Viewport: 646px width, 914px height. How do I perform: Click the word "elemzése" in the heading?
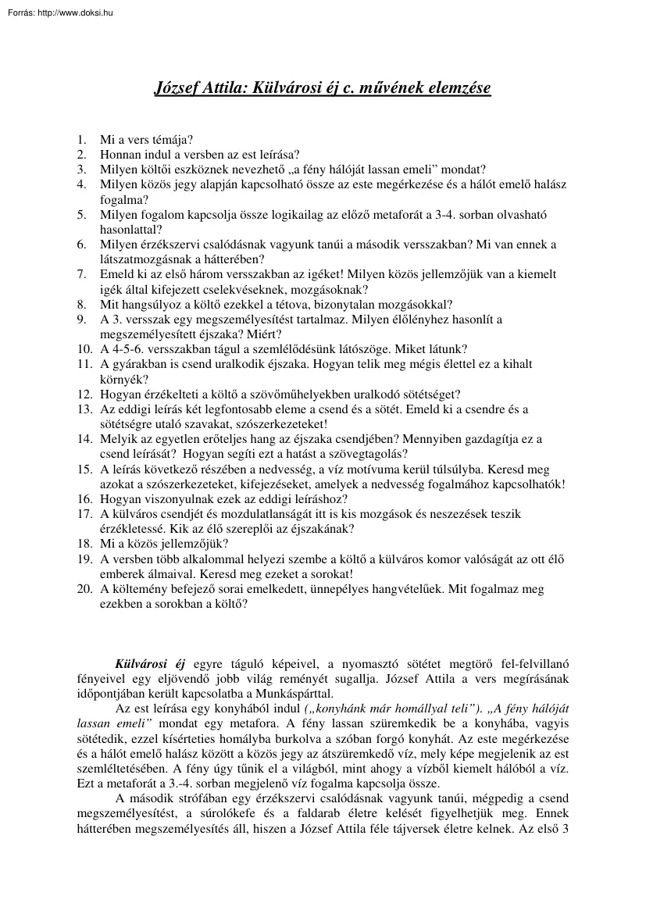(x=455, y=88)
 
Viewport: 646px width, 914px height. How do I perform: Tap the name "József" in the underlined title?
(x=180, y=88)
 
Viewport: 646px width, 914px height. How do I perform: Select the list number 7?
(x=81, y=274)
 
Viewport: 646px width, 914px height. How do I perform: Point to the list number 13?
(x=84, y=409)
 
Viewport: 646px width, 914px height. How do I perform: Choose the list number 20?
(x=84, y=589)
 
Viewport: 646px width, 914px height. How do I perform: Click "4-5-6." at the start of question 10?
(x=128, y=348)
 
